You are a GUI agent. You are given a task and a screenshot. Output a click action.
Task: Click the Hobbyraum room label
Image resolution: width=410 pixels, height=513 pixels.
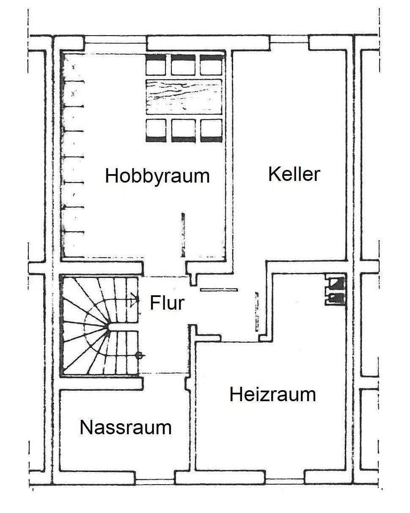[x=157, y=176]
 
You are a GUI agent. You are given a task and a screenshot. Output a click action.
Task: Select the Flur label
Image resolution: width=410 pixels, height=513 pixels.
[x=167, y=303]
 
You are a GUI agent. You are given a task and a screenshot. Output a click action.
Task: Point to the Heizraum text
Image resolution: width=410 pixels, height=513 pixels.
[x=272, y=395]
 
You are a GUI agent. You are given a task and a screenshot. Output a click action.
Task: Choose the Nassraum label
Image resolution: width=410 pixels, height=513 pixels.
[x=126, y=428]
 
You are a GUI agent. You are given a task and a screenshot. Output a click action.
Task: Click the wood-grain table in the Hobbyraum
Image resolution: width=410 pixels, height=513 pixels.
[x=184, y=97]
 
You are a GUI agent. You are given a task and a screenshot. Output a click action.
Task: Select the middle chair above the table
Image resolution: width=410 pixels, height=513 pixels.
[x=184, y=64]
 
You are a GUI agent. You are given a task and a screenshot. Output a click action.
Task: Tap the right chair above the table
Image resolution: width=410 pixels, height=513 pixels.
[x=211, y=64]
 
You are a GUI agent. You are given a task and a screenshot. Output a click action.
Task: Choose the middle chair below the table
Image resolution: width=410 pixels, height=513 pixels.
[x=184, y=130]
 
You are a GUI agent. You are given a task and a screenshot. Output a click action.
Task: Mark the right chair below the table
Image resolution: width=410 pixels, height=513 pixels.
[x=211, y=130]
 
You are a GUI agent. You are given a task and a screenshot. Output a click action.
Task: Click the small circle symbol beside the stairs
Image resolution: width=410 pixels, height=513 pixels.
[x=141, y=355]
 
